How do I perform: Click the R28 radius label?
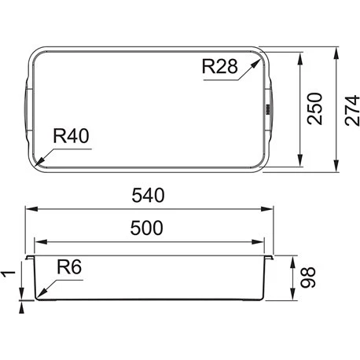[x=220, y=67]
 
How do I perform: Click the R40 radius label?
[x=71, y=136]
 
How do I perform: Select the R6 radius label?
[x=69, y=266]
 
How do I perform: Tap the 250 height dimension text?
[x=314, y=108]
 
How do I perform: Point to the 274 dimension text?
[x=352, y=110]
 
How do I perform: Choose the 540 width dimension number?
[x=148, y=195]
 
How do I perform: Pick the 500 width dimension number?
[x=147, y=228]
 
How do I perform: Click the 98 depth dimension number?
[x=308, y=277]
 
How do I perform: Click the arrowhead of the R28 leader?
[x=254, y=64]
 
